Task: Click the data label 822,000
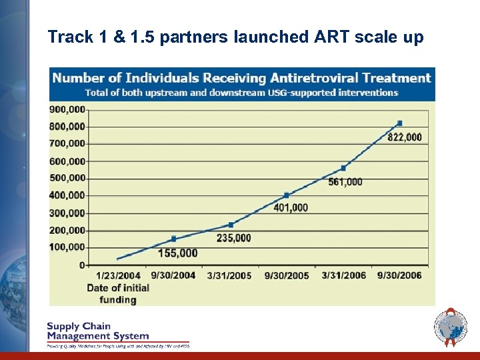405,137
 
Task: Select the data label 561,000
345,181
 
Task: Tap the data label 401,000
291,207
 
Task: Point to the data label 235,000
233,237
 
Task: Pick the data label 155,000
178,253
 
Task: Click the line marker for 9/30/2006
399,123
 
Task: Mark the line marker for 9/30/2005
287,195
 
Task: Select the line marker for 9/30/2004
173,239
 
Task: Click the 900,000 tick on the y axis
67,109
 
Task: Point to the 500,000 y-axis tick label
67,178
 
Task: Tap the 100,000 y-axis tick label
67,247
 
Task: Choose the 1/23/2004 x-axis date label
118,276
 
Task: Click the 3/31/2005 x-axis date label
229,276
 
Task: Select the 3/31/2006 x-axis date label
343,276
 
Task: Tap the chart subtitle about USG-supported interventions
242,93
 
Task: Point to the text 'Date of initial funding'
118,293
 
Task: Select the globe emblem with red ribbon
451,327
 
